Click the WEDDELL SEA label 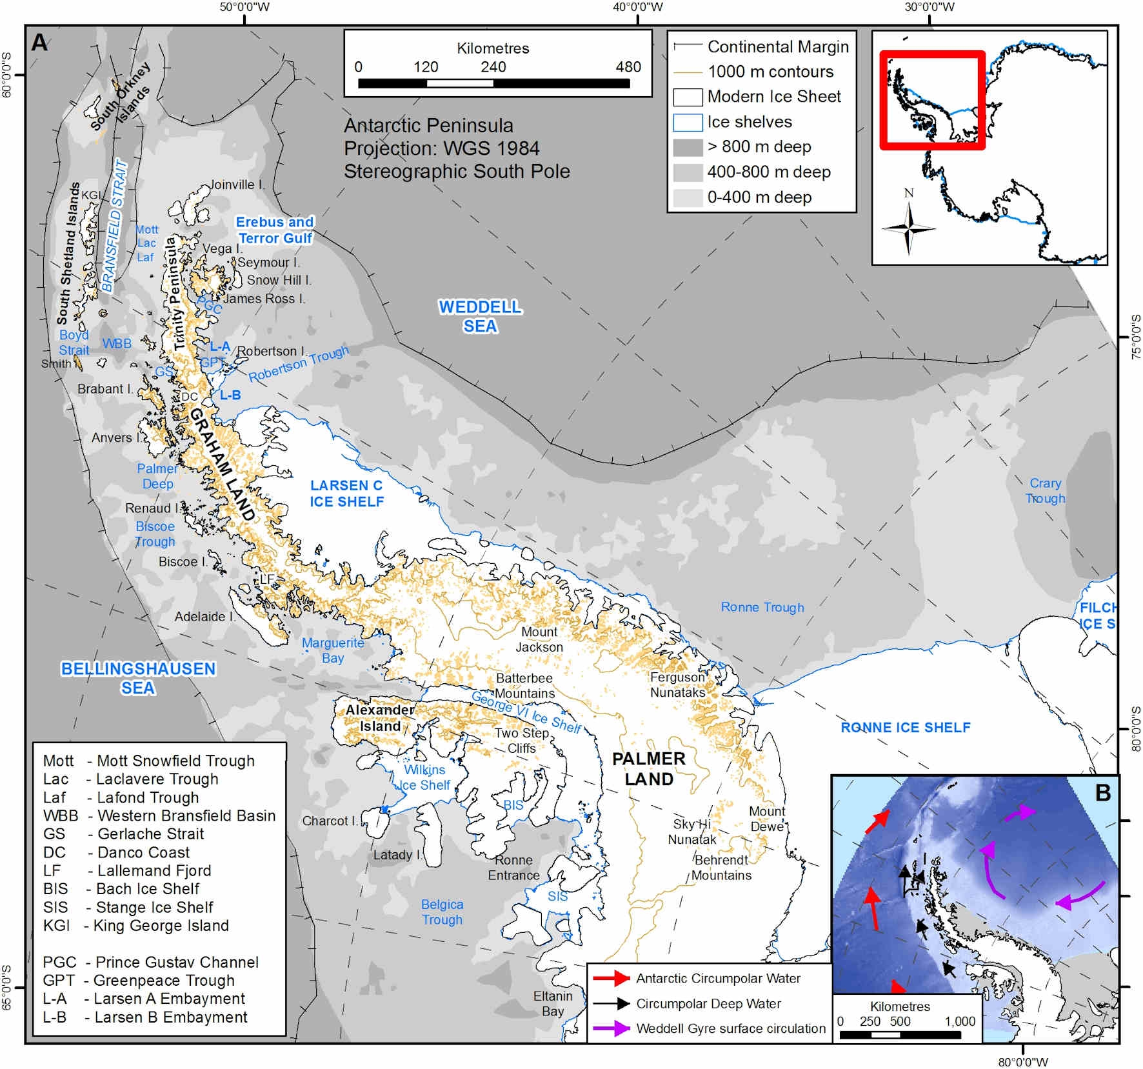481,316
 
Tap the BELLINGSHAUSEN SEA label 138,678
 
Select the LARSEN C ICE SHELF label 346,494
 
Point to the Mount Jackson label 539,639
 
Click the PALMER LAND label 648,768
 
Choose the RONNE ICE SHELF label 905,728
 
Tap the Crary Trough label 1045,490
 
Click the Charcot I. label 329,821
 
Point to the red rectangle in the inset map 932,100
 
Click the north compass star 908,228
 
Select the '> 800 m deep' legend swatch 688,147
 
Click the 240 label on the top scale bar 493,67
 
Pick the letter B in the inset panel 1102,792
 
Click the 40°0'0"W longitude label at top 637,7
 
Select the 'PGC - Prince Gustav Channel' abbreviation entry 150,962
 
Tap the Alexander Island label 380,717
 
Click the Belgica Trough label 442,912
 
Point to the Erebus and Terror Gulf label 275,230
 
